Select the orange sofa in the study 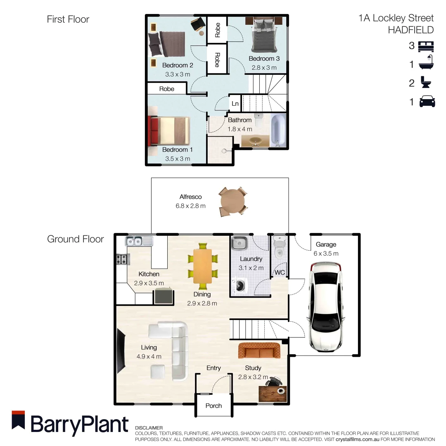pyautogui.click(x=259, y=351)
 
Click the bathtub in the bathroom pyautogui.click(x=278, y=130)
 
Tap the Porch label pyautogui.click(x=214, y=406)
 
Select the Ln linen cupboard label pyautogui.click(x=235, y=104)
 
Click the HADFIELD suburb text pyautogui.click(x=411, y=30)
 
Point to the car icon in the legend pyautogui.click(x=427, y=102)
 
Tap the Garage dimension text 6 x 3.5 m pyautogui.click(x=326, y=254)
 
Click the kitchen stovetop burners pyautogui.click(x=122, y=259)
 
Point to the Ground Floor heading pyautogui.click(x=76, y=239)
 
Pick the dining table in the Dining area pyautogui.click(x=202, y=266)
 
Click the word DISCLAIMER pyautogui.click(x=149, y=427)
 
